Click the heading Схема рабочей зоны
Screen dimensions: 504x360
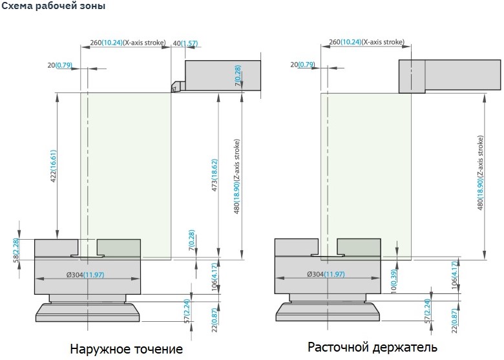coord(54,6)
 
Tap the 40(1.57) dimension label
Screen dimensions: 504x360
coord(185,43)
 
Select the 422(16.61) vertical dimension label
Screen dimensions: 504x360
coord(54,166)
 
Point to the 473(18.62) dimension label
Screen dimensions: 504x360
coord(215,175)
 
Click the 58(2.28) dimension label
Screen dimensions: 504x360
coord(16,250)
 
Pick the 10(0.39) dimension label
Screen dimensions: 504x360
coord(394,281)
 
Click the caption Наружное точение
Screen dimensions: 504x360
coord(126,349)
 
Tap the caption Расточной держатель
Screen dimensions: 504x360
coord(372,347)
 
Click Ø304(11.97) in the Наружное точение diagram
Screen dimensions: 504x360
coord(85,275)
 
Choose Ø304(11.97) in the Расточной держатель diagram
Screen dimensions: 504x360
coord(326,274)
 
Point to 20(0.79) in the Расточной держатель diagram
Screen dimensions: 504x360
coord(302,65)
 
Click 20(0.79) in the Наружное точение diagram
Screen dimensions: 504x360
coord(60,65)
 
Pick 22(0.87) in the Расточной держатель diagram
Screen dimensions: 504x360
coord(454,321)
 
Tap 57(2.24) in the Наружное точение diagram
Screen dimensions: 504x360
coord(187,311)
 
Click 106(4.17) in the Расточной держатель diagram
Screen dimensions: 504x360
coord(454,275)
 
